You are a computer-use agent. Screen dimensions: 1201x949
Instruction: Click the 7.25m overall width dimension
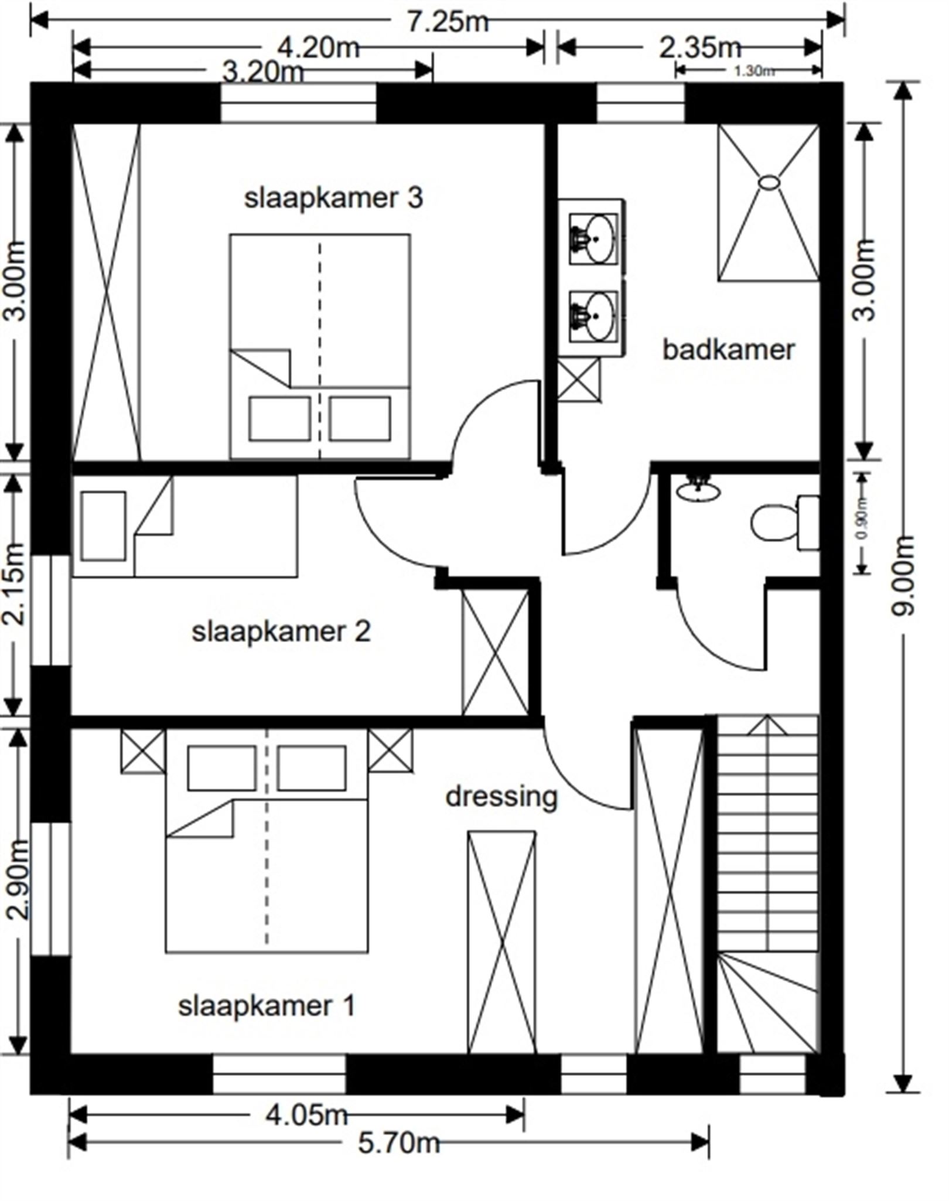[x=447, y=22]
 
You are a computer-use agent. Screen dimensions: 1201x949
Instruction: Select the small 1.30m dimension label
[x=753, y=71]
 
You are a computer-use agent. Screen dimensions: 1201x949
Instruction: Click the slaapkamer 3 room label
[x=333, y=198]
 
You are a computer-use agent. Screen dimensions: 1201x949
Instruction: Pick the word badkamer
[x=728, y=350]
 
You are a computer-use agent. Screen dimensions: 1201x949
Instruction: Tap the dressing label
[x=501, y=797]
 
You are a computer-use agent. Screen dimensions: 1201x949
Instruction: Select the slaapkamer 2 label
[x=281, y=632]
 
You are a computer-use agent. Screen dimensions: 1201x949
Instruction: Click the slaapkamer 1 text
[x=267, y=1006]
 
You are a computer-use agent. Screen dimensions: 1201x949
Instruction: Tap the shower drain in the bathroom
[x=769, y=182]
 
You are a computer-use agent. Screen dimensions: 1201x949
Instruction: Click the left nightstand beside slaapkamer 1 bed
[x=143, y=751]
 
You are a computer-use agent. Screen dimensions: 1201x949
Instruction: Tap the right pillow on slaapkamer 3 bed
[x=359, y=419]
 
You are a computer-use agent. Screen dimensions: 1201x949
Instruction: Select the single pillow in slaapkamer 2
[x=103, y=526]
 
